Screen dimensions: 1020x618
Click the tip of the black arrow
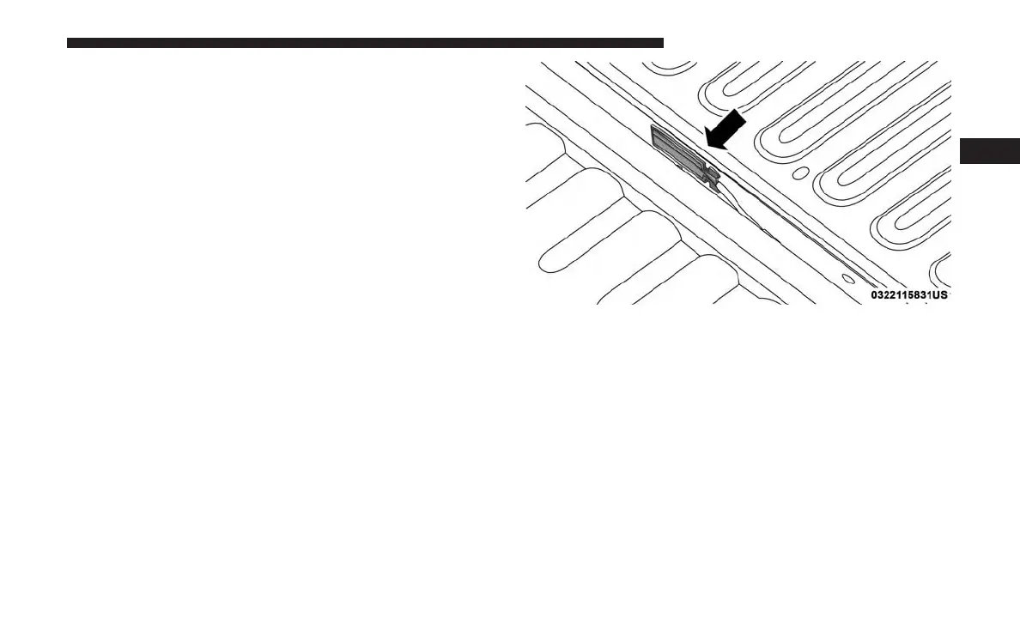coord(705,146)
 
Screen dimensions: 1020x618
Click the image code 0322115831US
coord(908,294)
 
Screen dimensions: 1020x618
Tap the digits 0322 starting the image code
coord(882,294)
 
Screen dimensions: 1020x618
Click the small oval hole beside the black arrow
coord(799,173)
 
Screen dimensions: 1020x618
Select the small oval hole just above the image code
coord(847,278)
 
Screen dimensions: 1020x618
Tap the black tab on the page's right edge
coord(989,150)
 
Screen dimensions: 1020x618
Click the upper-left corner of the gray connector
coord(653,129)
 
